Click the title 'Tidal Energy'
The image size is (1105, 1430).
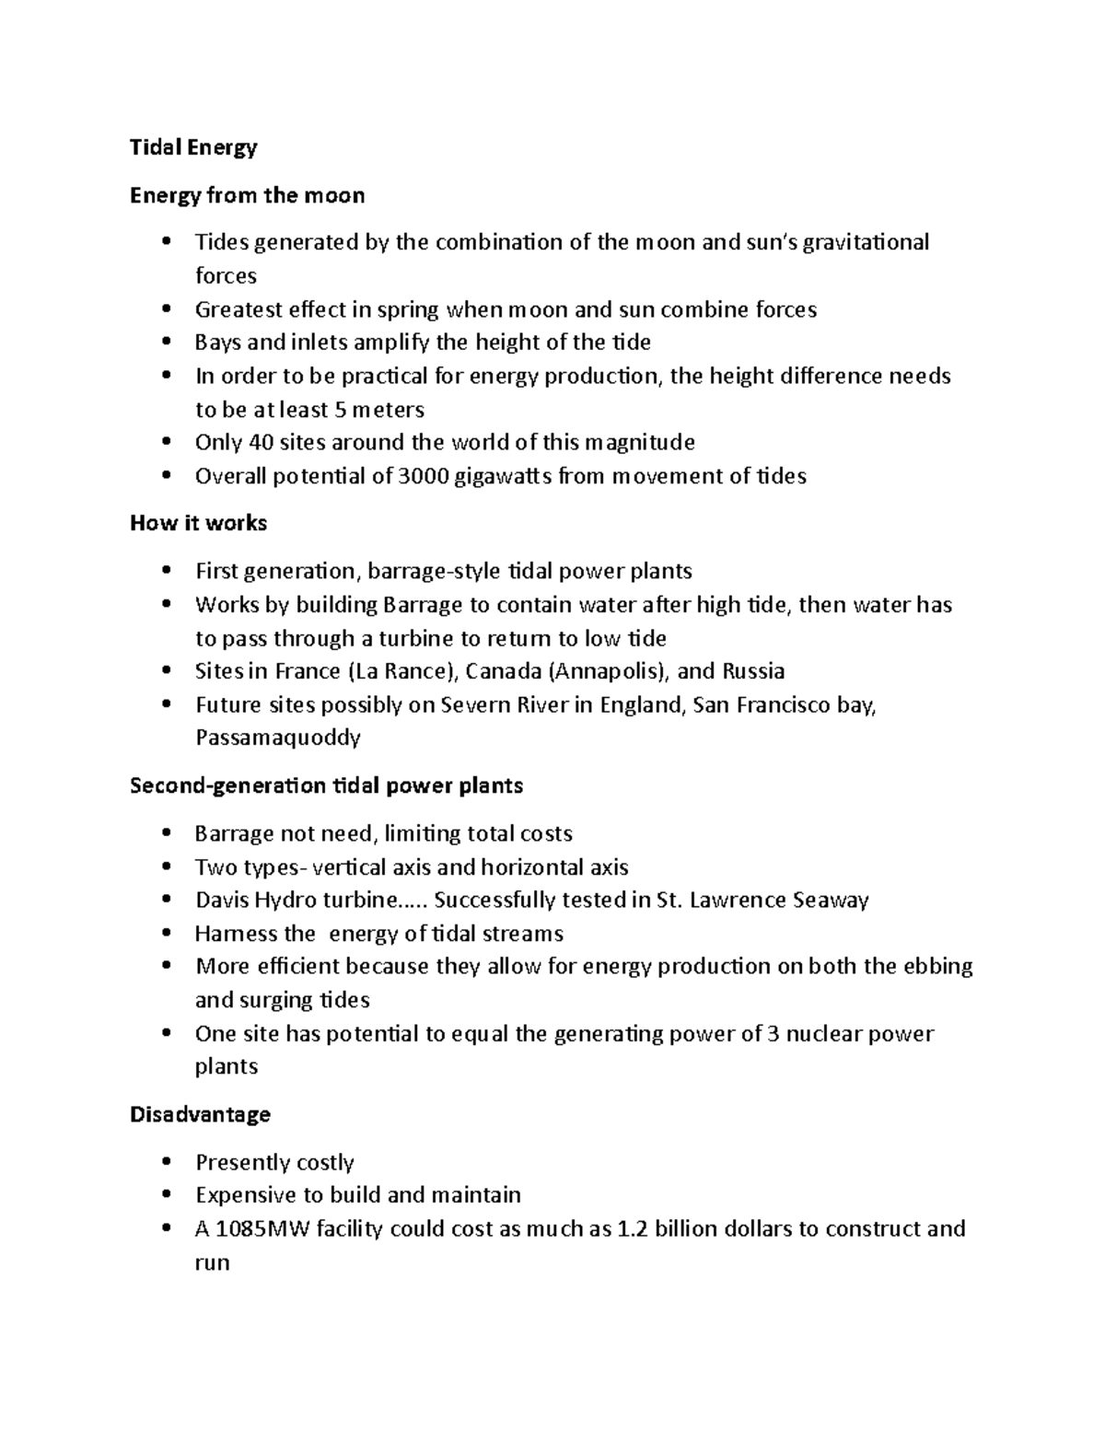click(193, 147)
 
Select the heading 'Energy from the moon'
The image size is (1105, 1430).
click(247, 195)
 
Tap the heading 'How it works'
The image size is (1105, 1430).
click(198, 523)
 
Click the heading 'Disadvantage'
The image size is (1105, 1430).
click(200, 1114)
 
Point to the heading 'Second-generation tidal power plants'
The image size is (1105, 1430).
click(326, 785)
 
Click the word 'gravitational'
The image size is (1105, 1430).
click(866, 242)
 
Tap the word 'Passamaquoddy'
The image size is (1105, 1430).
click(277, 738)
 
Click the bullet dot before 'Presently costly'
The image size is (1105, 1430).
click(166, 1162)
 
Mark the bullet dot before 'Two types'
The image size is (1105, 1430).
click(166, 867)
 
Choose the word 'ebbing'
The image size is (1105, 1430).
click(938, 967)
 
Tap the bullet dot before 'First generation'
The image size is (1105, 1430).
click(166, 571)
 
